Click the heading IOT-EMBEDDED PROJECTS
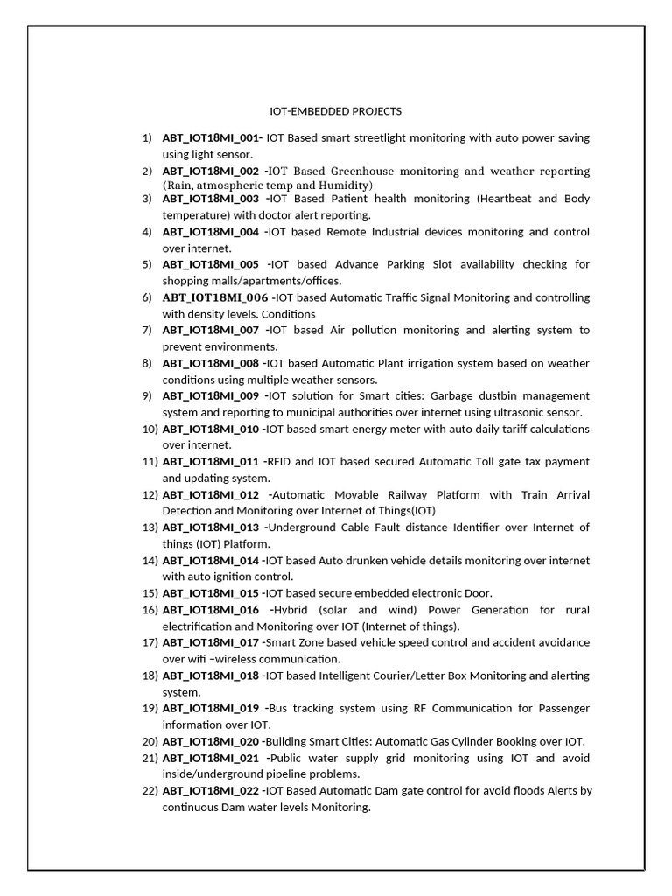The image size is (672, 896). click(x=335, y=111)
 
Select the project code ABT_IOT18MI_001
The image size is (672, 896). click(x=211, y=137)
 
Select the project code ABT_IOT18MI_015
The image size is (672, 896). click(x=211, y=592)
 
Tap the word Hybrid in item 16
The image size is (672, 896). click(x=289, y=609)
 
